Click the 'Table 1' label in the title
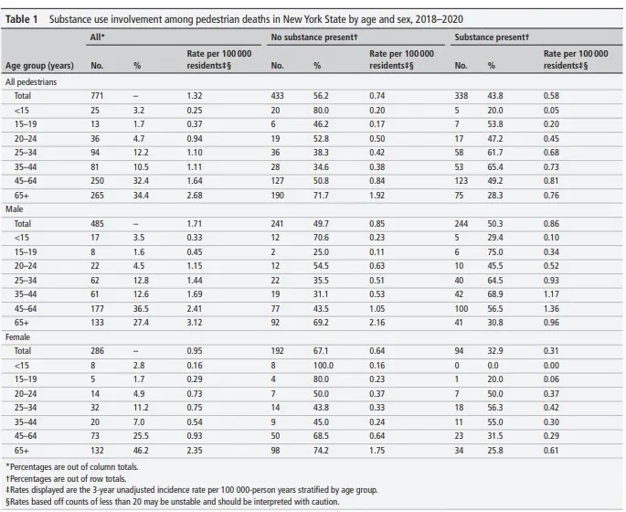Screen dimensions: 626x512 [21, 19]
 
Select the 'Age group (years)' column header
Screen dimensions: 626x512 [39, 66]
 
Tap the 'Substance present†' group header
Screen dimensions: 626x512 [492, 37]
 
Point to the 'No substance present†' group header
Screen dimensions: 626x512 [314, 37]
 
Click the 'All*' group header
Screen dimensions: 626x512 [98, 37]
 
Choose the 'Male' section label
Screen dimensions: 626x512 [15, 208]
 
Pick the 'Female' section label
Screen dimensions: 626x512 [17, 337]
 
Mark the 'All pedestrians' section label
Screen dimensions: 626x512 [31, 82]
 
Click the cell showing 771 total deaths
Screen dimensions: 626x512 [97, 96]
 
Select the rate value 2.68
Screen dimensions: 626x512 [195, 196]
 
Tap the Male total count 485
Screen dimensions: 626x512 [97, 224]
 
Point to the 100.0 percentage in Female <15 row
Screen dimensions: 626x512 [323, 366]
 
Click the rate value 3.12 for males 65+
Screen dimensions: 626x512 [195, 323]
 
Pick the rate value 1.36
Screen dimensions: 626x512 [551, 309]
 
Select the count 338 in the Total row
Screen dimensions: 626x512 [462, 96]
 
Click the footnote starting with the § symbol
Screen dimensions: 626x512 [172, 501]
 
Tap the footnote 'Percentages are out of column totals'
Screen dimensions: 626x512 [72, 466]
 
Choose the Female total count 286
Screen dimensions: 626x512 [97, 351]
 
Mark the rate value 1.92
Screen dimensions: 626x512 [377, 196]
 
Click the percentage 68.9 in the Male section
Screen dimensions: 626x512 [495, 293]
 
